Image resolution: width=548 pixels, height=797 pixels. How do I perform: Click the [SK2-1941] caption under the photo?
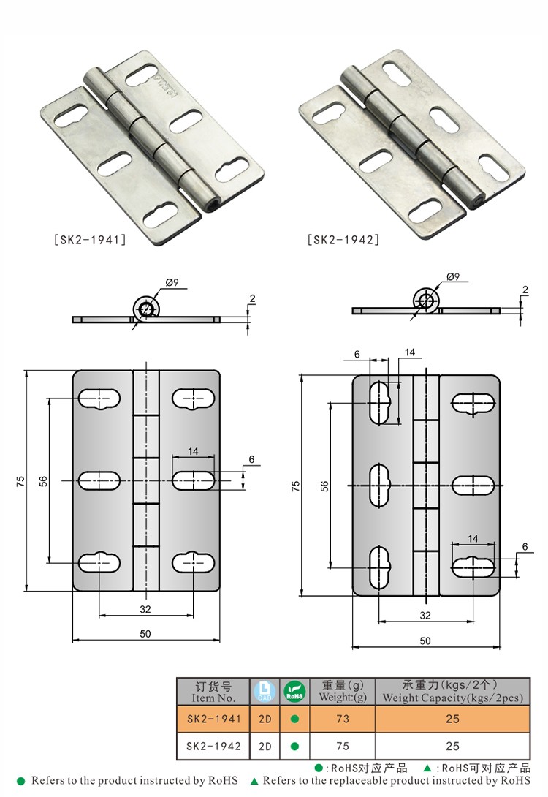91,239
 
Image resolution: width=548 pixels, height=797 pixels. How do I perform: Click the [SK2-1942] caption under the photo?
343,239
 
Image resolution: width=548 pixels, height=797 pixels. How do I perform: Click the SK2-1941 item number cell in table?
214,719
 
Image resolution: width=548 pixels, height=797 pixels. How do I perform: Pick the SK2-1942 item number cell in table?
214,747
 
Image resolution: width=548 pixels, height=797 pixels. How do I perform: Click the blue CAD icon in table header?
265,691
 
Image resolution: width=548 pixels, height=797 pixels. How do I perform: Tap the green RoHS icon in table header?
294,691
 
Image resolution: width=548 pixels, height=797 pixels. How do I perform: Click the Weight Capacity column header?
452,691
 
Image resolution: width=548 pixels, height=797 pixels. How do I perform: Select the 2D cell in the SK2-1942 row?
265,747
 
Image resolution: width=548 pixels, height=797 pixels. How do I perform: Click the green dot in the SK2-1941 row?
294,719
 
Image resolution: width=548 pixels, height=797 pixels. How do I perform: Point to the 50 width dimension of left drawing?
145,634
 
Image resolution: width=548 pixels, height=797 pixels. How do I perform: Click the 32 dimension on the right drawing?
425,615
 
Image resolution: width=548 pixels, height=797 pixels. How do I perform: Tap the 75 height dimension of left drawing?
20,480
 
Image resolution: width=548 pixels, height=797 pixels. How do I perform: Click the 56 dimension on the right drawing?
324,486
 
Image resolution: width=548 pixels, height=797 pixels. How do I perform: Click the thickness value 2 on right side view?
525,290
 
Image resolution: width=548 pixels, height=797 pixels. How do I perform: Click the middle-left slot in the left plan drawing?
99,480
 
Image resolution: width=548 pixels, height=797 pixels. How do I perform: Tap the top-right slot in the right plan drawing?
473,402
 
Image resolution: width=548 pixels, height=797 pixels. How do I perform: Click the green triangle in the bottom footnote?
254,781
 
